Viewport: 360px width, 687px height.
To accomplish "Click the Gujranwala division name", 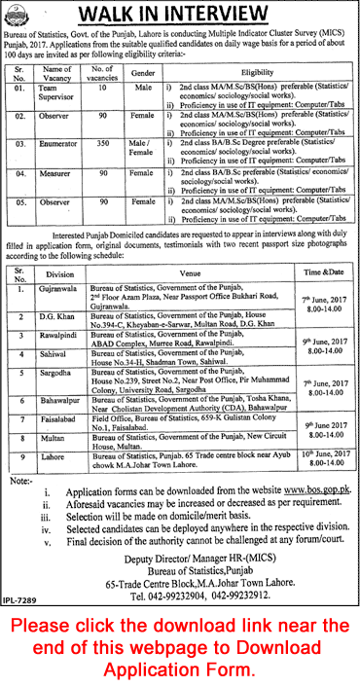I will pos(58,290).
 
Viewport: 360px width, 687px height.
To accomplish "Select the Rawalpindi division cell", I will pos(58,333).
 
